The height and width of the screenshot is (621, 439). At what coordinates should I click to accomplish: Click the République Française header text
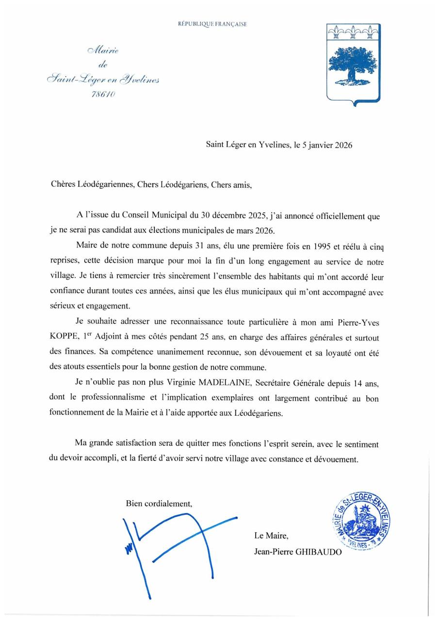[212, 24]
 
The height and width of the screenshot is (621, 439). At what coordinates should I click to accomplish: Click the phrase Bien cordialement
[159, 504]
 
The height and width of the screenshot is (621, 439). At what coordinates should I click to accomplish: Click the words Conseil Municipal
[151, 216]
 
